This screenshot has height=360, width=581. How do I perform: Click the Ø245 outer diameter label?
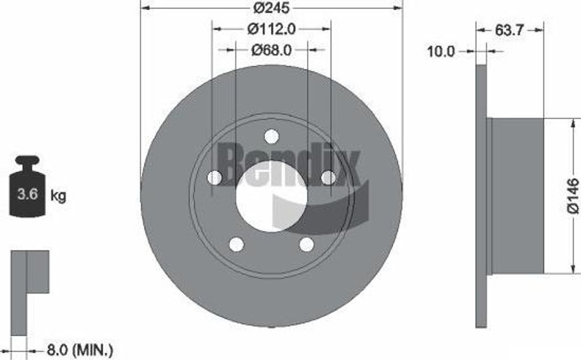point(271,8)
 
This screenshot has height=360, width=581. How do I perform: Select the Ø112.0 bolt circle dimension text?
point(271,28)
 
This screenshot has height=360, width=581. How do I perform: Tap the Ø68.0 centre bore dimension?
point(271,50)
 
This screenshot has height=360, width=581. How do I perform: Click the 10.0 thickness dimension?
point(441,52)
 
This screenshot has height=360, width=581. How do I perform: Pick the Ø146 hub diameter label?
point(572,196)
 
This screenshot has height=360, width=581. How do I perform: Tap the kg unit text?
point(58,196)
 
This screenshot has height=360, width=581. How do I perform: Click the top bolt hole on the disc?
point(271,137)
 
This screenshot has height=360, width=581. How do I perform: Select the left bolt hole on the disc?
point(214,178)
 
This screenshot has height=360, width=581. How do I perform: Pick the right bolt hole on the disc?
point(328,178)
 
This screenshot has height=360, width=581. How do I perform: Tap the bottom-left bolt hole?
point(236,244)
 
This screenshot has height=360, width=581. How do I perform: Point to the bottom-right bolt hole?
point(306,244)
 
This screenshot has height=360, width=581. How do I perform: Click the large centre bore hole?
point(271,196)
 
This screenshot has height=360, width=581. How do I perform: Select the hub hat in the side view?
point(516,196)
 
